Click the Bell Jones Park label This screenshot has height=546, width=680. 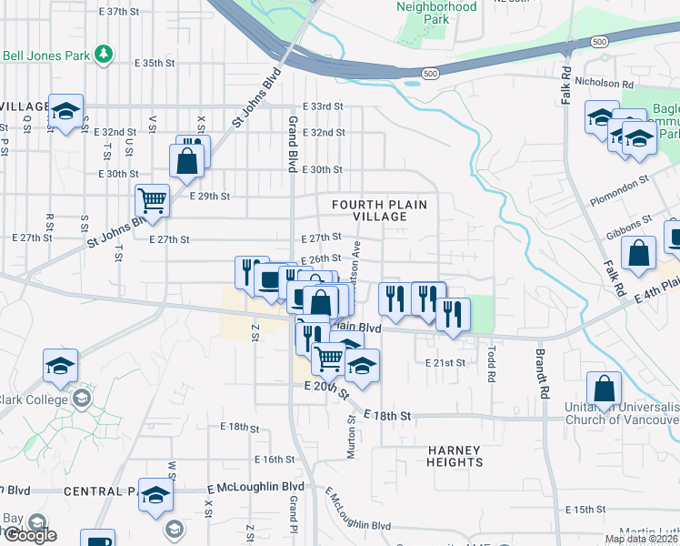(x=45, y=55)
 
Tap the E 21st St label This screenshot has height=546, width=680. (x=445, y=362)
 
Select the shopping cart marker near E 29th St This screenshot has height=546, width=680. (x=153, y=199)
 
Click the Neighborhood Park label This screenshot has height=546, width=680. (x=436, y=12)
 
